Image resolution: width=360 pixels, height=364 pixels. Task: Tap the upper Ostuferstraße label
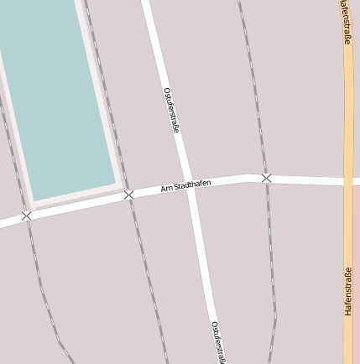(171, 110)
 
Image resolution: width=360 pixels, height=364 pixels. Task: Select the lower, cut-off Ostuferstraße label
(217, 341)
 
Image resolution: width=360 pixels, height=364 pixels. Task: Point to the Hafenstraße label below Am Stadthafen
(348, 291)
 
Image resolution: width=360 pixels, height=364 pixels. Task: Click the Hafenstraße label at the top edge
(347, 21)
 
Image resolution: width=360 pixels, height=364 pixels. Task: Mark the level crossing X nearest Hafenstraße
(266, 178)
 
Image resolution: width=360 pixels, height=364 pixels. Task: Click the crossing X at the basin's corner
(128, 195)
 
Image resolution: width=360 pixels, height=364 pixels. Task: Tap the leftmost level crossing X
(26, 216)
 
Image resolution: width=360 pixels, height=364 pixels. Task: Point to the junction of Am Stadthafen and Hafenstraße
(348, 181)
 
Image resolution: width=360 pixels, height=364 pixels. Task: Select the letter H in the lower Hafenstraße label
(348, 312)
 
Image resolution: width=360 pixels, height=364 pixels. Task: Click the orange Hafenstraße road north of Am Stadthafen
(348, 101)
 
